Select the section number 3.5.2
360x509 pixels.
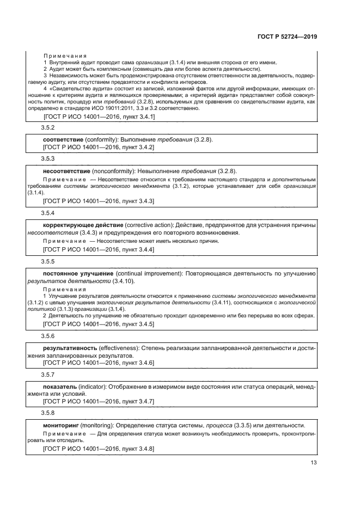tap(48, 128)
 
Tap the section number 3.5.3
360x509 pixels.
tap(48, 158)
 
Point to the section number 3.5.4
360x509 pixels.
tap(48, 212)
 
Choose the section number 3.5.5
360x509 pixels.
tap(48, 261)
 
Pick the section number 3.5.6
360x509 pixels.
tap(48, 336)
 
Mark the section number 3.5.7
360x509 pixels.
tap(48, 375)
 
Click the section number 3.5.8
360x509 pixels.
tap(48, 413)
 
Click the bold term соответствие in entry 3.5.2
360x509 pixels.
tap(62, 139)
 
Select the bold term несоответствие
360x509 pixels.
tap(66, 170)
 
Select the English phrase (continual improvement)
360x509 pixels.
tap(147, 273)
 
